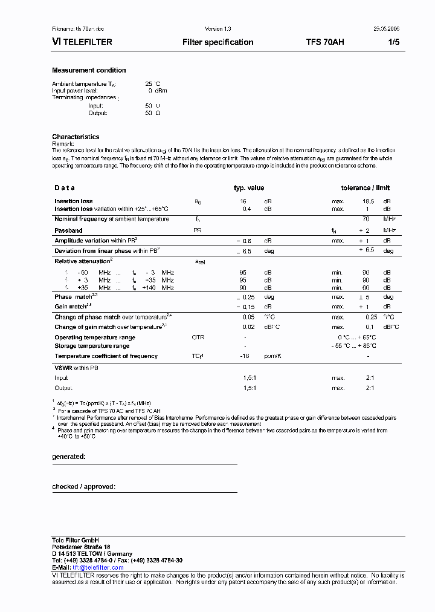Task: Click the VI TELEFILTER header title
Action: pos(82,42)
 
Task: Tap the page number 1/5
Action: pos(393,42)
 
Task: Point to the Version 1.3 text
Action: pos(217,29)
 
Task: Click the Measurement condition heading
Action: pos(89,70)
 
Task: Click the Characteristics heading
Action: pos(76,137)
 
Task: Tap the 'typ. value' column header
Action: pos(249,188)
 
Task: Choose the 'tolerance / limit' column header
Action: pos(366,188)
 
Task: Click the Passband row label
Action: pos(68,230)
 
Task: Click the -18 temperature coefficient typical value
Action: pos(245,356)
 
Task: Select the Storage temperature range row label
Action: pos(92,346)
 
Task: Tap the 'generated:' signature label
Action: pos(69,457)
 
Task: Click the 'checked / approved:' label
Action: pos(83,486)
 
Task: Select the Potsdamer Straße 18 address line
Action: pos(81,547)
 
